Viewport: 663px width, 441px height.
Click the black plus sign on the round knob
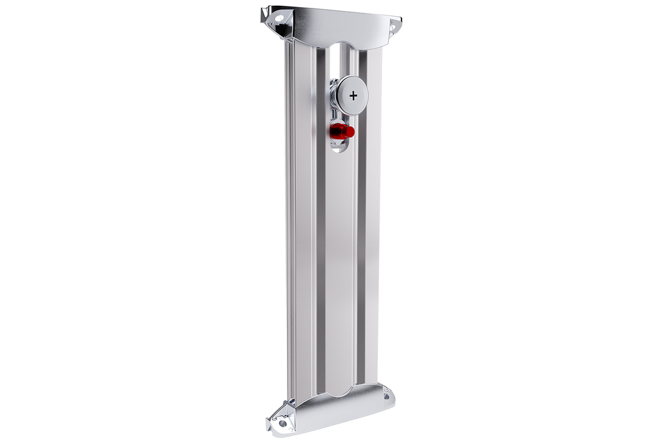[353, 95]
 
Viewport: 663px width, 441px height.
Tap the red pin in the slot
[341, 131]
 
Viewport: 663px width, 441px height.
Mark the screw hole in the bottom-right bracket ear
[387, 393]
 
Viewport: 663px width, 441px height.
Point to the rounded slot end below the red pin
[339, 146]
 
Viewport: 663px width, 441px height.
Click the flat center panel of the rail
[341, 259]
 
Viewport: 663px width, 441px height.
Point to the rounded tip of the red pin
[352, 131]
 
